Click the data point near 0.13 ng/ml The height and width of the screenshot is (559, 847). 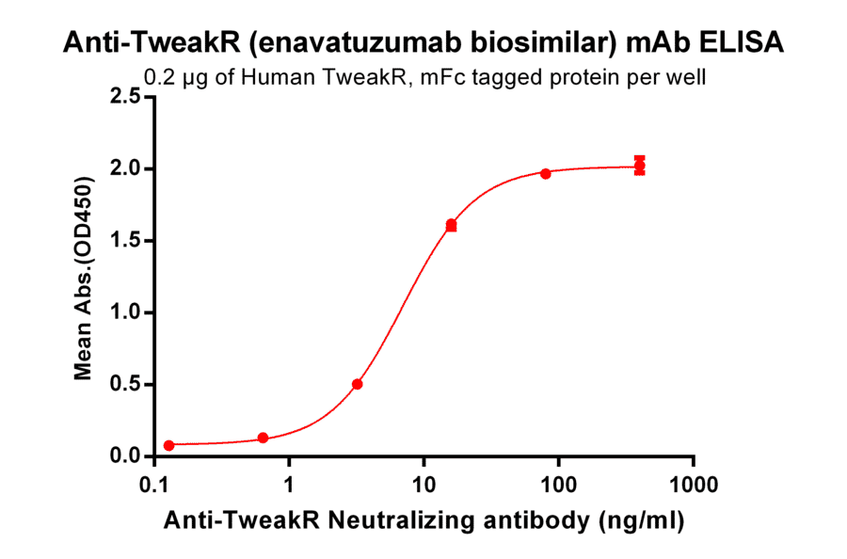tap(168, 445)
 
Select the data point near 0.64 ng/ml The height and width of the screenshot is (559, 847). tap(263, 438)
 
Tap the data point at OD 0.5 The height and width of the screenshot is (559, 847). tap(358, 384)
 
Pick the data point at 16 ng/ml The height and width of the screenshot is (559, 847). tap(452, 225)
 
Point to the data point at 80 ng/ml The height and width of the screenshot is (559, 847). tap(546, 173)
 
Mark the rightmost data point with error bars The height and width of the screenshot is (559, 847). tap(640, 167)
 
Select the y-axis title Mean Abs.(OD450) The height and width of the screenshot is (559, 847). tap(84, 277)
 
